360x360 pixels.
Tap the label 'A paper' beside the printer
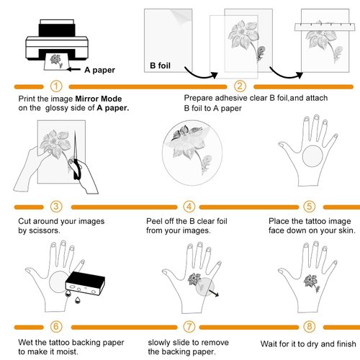pyautogui.click(x=100, y=70)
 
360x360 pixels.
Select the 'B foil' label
pyautogui.click(x=163, y=66)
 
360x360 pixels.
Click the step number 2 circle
pyautogui.click(x=240, y=85)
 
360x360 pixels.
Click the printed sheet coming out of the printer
pyautogui.click(x=62, y=66)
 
